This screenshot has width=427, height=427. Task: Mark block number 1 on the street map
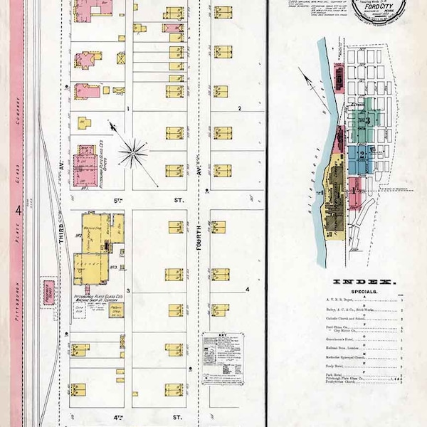[x=127, y=108]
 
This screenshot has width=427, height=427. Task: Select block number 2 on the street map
[x=240, y=108]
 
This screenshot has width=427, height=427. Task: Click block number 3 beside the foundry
[x=128, y=291]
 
